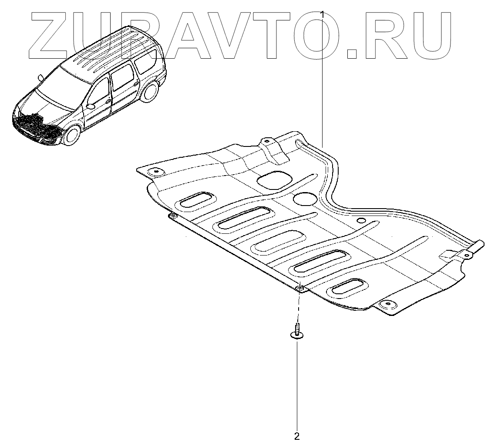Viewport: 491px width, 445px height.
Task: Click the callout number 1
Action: click(x=323, y=14)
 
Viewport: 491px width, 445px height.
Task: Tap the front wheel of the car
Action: click(x=71, y=135)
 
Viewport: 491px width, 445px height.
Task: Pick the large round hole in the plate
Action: click(x=305, y=199)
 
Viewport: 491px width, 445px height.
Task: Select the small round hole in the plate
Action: click(x=361, y=221)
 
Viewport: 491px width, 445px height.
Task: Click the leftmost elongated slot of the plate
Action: click(x=196, y=201)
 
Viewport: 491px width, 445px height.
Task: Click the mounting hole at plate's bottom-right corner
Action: click(x=386, y=305)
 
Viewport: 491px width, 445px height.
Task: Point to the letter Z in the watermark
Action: click(x=50, y=34)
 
